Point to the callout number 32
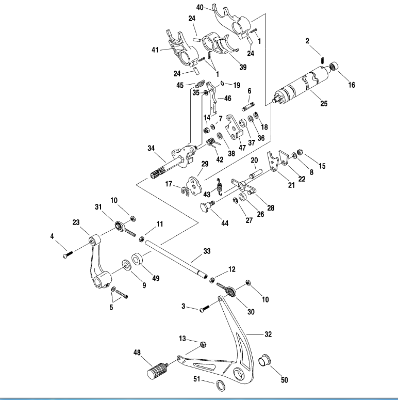(268, 334)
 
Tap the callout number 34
(151, 148)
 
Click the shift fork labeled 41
(177, 49)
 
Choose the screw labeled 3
(204, 309)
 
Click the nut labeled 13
(202, 345)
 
